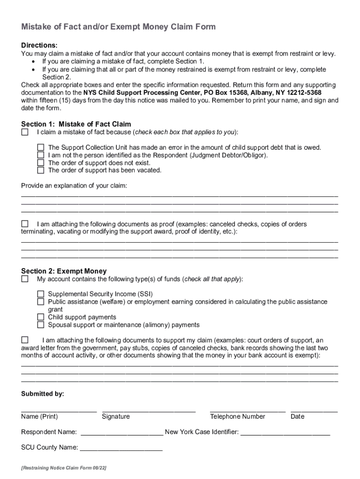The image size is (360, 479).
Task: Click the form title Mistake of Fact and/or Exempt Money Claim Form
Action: coord(118,27)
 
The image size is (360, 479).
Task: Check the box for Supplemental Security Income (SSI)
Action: coord(41,294)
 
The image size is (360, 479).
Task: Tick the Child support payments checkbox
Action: coord(41,317)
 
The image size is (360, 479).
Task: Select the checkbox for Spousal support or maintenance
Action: coord(41,325)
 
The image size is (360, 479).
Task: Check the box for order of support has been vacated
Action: coord(41,170)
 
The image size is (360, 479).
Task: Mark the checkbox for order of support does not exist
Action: coord(41,163)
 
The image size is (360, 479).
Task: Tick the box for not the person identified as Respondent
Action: coord(41,155)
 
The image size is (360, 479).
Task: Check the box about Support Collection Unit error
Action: coord(41,147)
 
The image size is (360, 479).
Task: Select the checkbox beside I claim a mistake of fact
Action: coord(25,132)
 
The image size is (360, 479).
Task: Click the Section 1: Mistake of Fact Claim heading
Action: coord(76,124)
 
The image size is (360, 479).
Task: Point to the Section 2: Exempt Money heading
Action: coord(64,271)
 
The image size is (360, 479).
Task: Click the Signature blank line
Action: coord(149,410)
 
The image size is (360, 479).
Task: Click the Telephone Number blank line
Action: coord(247,410)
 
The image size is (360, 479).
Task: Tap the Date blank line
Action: coord(314,410)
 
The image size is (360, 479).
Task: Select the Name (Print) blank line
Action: coord(59,410)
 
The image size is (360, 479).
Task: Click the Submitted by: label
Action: coord(43,394)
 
